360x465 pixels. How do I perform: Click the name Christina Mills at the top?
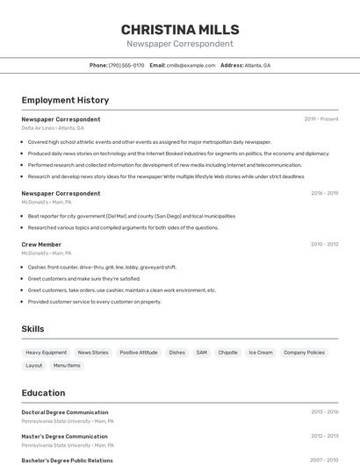tap(180, 29)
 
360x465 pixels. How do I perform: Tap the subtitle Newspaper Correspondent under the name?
tap(180, 44)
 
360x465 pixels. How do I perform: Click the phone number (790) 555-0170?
tap(126, 65)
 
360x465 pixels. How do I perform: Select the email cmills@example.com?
tap(191, 65)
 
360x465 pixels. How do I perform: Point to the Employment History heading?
tap(65, 100)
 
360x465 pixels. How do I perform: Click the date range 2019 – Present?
tap(321, 119)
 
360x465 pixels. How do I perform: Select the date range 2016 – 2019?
tap(324, 193)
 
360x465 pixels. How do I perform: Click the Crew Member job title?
tap(41, 245)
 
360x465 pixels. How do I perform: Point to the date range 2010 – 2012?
tap(324, 245)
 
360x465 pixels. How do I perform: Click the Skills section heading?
tap(33, 329)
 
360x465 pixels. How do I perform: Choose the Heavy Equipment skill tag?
tap(46, 353)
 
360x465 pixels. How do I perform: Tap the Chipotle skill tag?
tap(228, 353)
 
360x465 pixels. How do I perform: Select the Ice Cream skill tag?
tap(261, 353)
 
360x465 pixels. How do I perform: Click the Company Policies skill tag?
tap(305, 353)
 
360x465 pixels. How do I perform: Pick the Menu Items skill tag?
tap(67, 365)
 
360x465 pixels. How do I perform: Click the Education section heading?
tap(43, 393)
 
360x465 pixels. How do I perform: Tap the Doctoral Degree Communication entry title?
tap(65, 412)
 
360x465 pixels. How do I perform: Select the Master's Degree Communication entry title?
tap(64, 436)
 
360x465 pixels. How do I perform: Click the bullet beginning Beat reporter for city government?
tap(132, 216)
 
